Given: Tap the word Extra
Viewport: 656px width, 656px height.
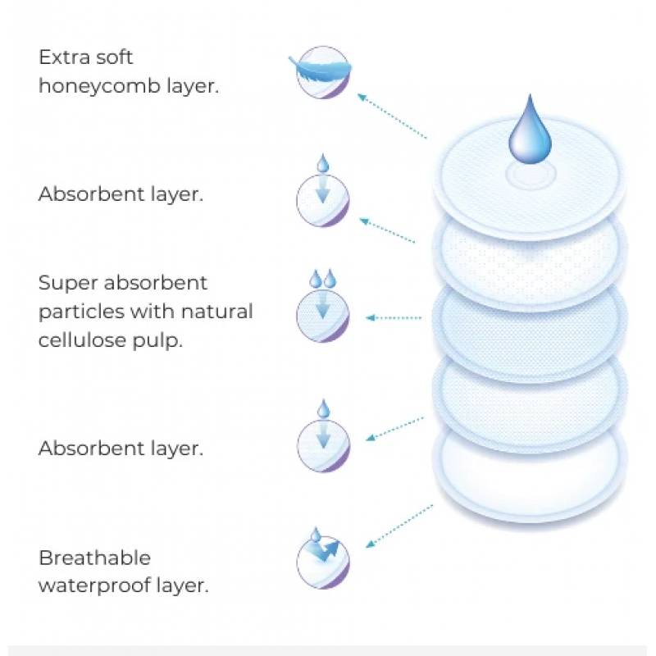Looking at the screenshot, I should click(x=62, y=57).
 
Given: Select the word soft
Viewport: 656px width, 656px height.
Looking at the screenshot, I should click(x=115, y=57).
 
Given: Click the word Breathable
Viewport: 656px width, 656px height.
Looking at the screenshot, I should click(x=95, y=558).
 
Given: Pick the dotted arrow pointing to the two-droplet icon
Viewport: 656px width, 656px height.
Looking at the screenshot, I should click(x=394, y=317).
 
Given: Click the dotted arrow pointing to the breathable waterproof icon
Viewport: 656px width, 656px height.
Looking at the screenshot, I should click(x=399, y=525).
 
